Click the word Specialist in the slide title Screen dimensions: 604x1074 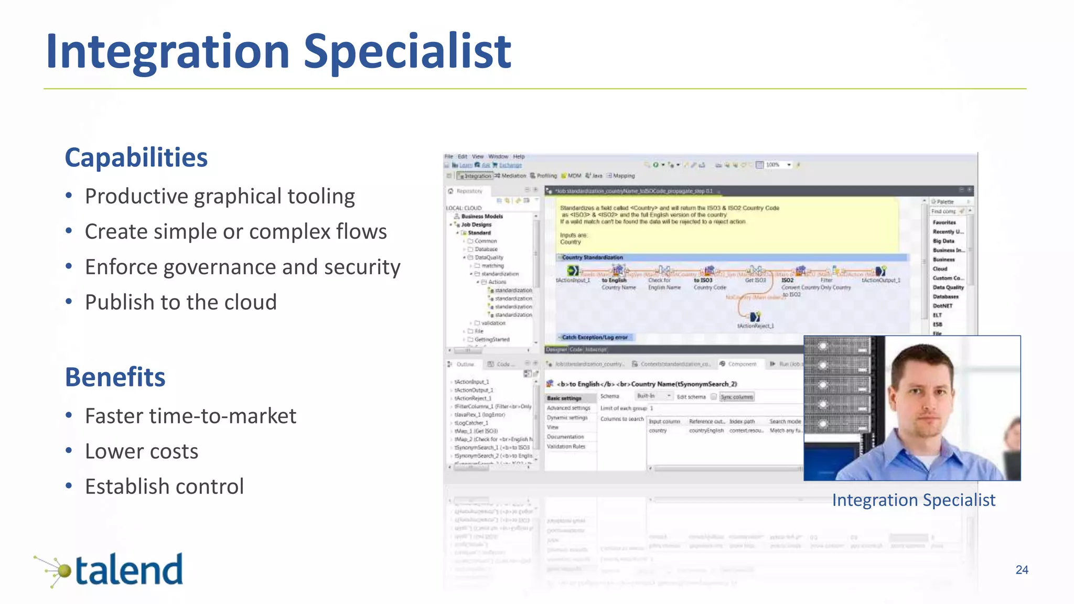point(407,51)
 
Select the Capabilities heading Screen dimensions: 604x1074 point(136,157)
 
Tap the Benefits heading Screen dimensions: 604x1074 point(115,377)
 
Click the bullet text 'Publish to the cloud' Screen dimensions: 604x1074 point(180,302)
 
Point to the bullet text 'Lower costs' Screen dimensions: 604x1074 point(142,451)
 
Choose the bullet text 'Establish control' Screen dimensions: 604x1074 point(164,487)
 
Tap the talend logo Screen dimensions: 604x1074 point(110,570)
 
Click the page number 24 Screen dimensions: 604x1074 point(1022,570)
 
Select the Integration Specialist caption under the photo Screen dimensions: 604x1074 point(913,500)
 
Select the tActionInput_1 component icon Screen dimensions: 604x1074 point(573,271)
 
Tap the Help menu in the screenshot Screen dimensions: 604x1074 point(519,156)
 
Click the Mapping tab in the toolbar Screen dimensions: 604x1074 point(623,176)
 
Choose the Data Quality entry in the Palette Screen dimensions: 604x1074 point(948,287)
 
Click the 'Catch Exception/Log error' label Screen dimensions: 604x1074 point(595,337)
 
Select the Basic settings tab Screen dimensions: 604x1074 point(564,398)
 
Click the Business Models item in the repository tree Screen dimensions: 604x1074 point(481,216)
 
